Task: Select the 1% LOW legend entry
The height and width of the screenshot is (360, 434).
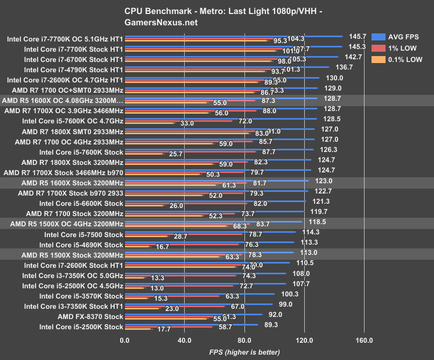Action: pyautogui.click(x=402, y=49)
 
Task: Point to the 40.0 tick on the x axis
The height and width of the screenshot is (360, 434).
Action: pyautogui.click(x=184, y=340)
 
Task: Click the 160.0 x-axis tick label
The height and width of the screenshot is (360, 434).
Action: pyautogui.click(x=364, y=340)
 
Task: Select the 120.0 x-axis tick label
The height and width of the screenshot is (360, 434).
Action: pyautogui.click(x=304, y=340)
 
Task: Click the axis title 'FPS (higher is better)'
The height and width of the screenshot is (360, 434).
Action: pyautogui.click(x=244, y=352)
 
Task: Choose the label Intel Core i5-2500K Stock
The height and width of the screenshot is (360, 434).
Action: pyautogui.click(x=81, y=327)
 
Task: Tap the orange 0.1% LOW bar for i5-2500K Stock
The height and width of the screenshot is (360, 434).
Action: pyautogui.click(x=137, y=329)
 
